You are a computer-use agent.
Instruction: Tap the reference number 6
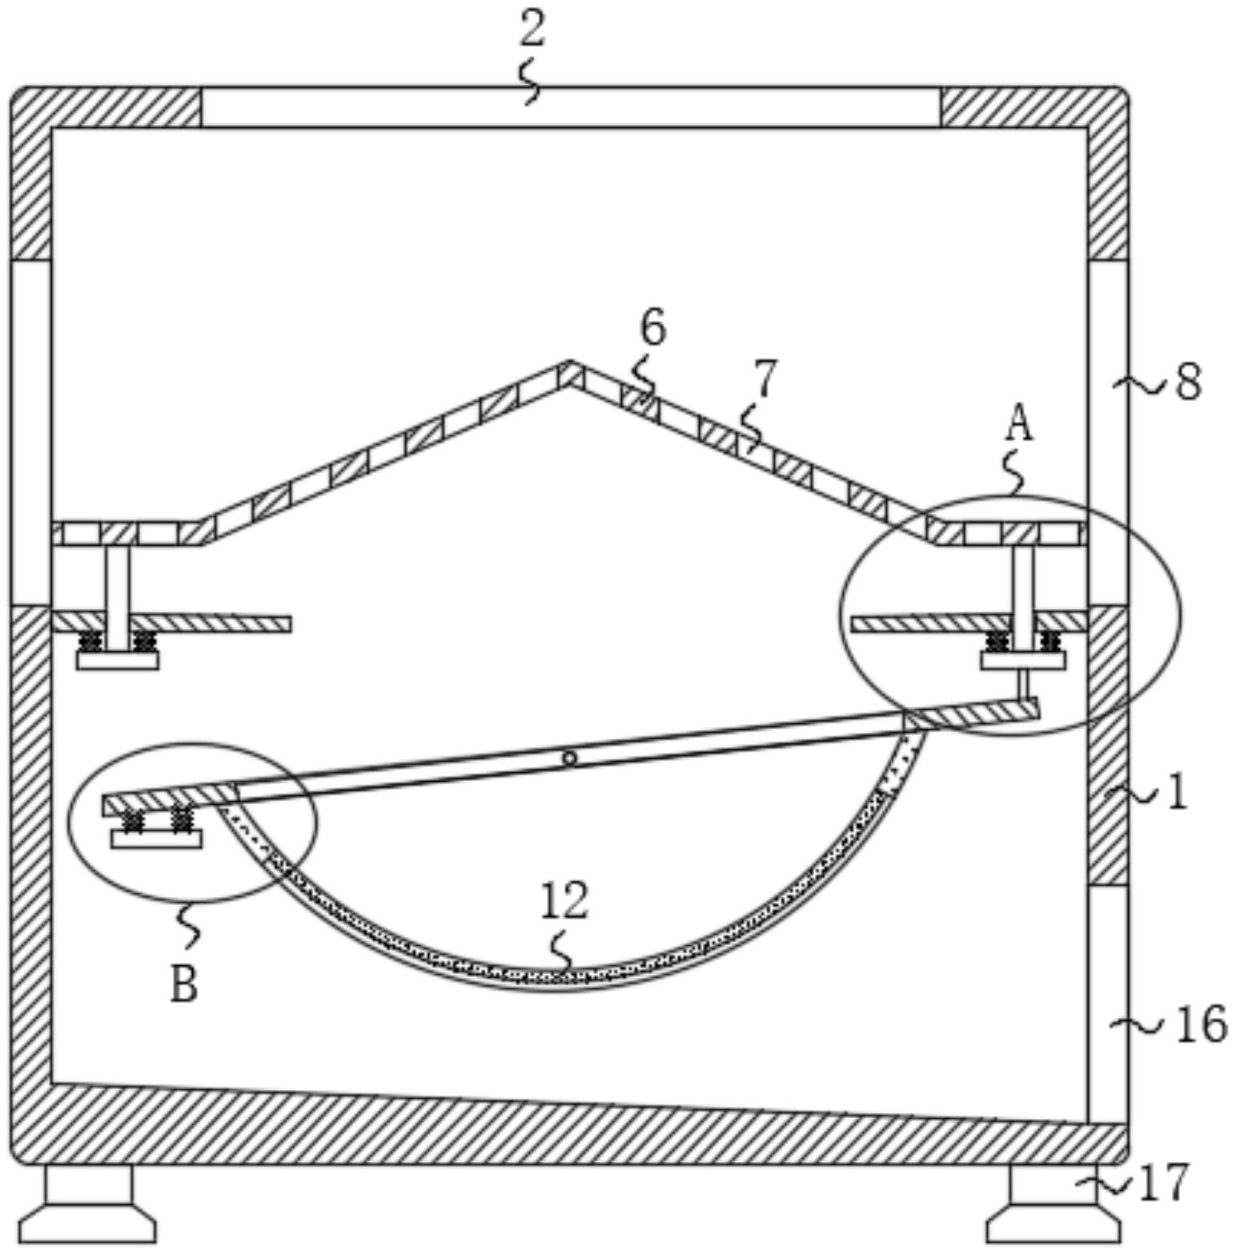click(x=652, y=327)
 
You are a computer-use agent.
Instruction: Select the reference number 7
click(x=764, y=379)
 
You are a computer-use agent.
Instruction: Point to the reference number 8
click(x=1188, y=383)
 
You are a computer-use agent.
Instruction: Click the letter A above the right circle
click(x=1018, y=423)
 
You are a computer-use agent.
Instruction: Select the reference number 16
click(x=1201, y=1024)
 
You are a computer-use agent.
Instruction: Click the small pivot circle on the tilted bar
click(x=569, y=758)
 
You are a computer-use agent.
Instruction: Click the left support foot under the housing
click(x=88, y=1205)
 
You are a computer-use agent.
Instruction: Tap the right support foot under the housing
click(x=1052, y=1205)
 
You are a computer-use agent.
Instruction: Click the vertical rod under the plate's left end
click(x=118, y=596)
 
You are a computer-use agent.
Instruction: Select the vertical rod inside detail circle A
click(x=1023, y=596)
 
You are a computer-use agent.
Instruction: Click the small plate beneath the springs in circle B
click(x=157, y=839)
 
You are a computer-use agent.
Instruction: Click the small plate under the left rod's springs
click(x=118, y=661)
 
